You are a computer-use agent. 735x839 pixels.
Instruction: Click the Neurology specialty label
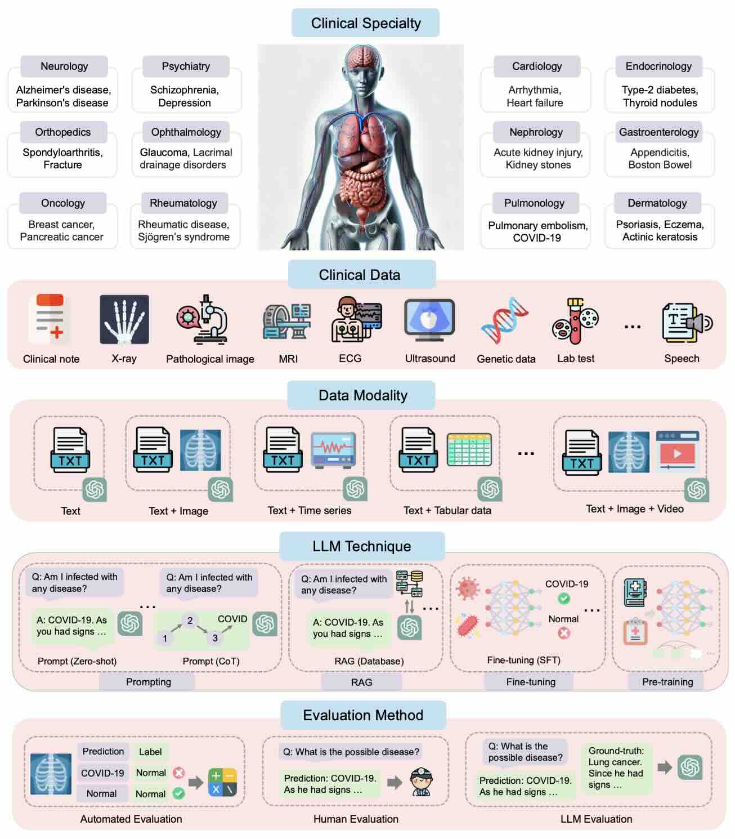(x=64, y=66)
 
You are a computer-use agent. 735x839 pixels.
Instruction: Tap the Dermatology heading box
(x=657, y=203)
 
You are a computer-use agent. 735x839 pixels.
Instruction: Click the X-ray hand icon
(x=124, y=319)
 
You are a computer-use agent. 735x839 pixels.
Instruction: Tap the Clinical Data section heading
(x=360, y=275)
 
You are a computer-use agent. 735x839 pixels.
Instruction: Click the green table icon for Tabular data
(x=469, y=450)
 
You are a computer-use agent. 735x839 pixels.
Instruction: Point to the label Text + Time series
(x=310, y=511)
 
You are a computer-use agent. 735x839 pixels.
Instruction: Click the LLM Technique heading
(x=362, y=546)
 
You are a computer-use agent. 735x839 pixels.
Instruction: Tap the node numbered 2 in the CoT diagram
(x=190, y=621)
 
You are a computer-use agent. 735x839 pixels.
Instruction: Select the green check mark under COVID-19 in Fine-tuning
(x=563, y=599)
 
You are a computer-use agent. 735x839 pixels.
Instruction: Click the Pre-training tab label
(x=667, y=682)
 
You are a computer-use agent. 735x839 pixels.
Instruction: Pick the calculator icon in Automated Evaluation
(x=222, y=783)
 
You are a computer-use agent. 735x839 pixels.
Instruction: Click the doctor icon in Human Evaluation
(x=419, y=782)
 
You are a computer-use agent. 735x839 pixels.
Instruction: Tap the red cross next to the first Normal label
(x=179, y=773)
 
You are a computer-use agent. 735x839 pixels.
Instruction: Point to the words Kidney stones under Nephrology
(x=538, y=165)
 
